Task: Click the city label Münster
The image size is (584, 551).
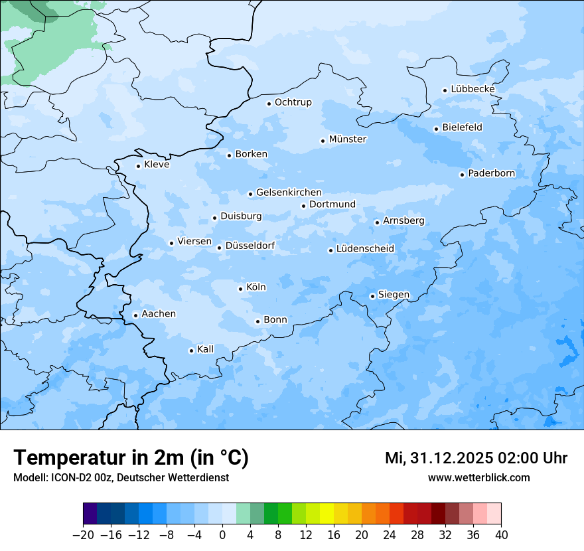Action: coord(348,139)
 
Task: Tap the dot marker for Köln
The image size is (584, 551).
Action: coord(240,289)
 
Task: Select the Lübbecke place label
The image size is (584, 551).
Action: coord(473,89)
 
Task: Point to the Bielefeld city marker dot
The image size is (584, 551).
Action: coord(436,129)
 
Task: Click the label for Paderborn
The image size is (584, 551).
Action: coord(491,173)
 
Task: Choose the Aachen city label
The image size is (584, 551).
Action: coord(159,313)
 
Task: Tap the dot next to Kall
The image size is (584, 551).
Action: coord(191,351)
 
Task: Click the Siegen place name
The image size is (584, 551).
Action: coord(394,295)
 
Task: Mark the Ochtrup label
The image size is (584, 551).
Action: coord(293,102)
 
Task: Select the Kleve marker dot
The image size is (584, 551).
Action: coord(138,166)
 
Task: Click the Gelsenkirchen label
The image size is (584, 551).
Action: coord(289,193)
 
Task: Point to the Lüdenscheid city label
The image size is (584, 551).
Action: coord(365,249)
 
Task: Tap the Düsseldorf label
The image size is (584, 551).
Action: coord(250,246)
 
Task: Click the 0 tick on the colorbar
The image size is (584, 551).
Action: coord(222,534)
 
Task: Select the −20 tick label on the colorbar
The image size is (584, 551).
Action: coord(83,534)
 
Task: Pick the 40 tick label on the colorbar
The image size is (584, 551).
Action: coord(501,534)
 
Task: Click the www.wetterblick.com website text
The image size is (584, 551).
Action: coord(478,477)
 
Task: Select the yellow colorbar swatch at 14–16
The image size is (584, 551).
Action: coord(327,514)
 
